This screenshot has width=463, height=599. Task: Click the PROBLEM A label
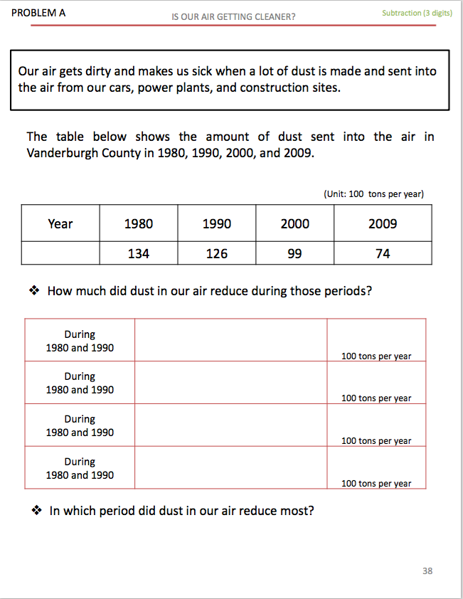(38, 13)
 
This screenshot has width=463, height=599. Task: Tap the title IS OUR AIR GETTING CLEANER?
(233, 16)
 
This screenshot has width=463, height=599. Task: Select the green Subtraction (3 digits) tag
(417, 13)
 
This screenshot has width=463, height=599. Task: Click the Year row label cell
(60, 224)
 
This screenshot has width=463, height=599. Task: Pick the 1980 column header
(138, 224)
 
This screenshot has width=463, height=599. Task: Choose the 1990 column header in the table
(216, 224)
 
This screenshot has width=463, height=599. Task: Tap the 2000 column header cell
(294, 224)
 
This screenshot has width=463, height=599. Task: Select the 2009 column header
(383, 224)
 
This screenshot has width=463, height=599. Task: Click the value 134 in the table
(138, 253)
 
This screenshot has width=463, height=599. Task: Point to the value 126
(216, 253)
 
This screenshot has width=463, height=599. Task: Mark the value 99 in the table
(294, 253)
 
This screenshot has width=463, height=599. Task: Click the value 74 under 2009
(383, 253)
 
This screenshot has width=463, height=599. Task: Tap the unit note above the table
(373, 194)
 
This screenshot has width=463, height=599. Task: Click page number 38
(427, 571)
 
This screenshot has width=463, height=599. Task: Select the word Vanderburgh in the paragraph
(60, 154)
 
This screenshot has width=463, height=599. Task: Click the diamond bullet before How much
(33, 291)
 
